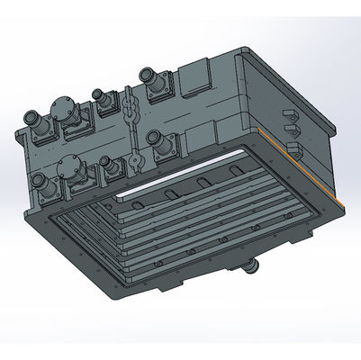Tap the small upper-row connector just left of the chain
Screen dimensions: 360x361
coord(100,95)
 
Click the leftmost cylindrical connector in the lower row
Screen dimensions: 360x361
coord(41,185)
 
